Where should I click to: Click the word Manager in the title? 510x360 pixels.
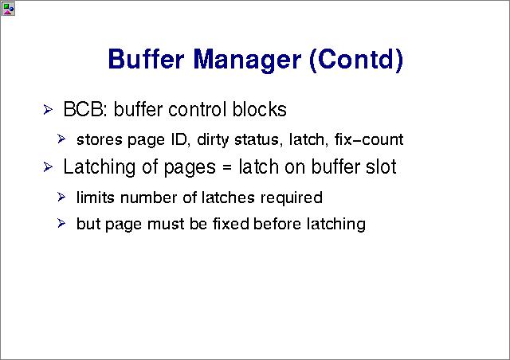pyautogui.click(x=247, y=61)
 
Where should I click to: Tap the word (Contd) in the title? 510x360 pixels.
pyautogui.click(x=356, y=59)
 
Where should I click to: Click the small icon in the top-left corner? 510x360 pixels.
pyautogui.click(x=8, y=9)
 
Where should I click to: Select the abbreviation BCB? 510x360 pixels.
pyautogui.click(x=84, y=109)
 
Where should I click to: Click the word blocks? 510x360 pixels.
pyautogui.click(x=259, y=109)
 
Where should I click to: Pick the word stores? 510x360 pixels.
pyautogui.click(x=100, y=140)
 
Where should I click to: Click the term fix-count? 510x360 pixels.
pyautogui.click(x=369, y=139)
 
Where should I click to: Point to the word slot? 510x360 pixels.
pyautogui.click(x=381, y=167)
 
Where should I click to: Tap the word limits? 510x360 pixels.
pyautogui.click(x=96, y=198)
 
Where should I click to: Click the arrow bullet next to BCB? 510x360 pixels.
pyautogui.click(x=48, y=110)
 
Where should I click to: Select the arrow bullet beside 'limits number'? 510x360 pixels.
pyautogui.click(x=61, y=197)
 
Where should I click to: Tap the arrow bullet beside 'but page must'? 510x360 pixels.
pyautogui.click(x=61, y=223)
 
